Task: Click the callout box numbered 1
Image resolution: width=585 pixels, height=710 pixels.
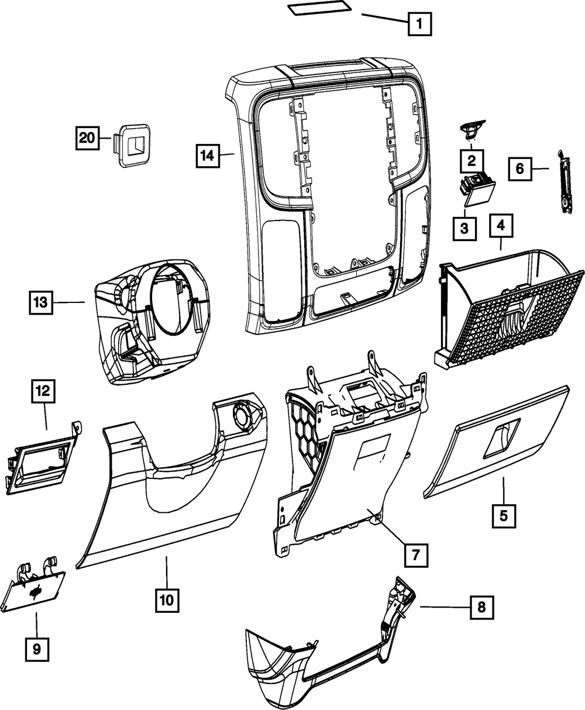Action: (419, 25)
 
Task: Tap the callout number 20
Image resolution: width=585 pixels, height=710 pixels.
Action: (87, 139)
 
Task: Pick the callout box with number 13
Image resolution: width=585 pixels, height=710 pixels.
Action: (40, 302)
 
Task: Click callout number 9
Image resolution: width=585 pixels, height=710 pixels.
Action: (36, 649)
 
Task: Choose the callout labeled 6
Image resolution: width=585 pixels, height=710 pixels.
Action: (519, 169)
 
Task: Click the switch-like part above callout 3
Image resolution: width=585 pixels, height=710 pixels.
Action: (476, 188)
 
